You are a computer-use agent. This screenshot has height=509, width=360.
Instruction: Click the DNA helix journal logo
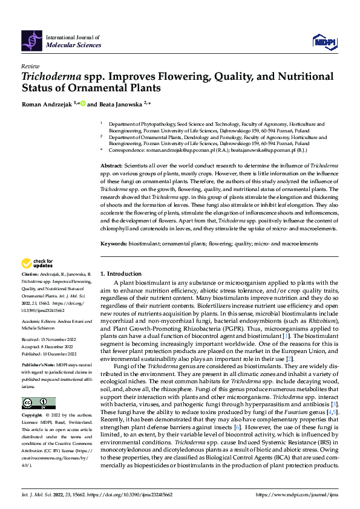pos(32,41)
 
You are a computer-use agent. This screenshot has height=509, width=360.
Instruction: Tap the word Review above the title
pos(30,66)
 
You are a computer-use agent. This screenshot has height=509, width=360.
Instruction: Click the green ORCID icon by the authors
pos(83,103)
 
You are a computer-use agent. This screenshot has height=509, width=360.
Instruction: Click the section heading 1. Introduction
pos(120,273)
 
